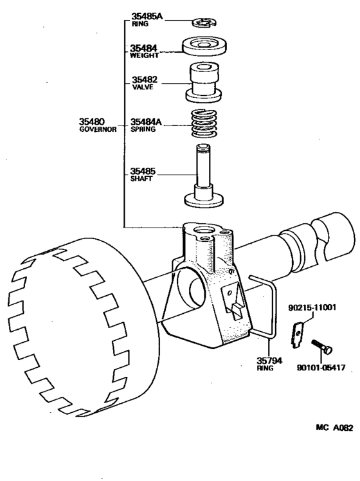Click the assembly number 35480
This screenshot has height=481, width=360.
point(93,121)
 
